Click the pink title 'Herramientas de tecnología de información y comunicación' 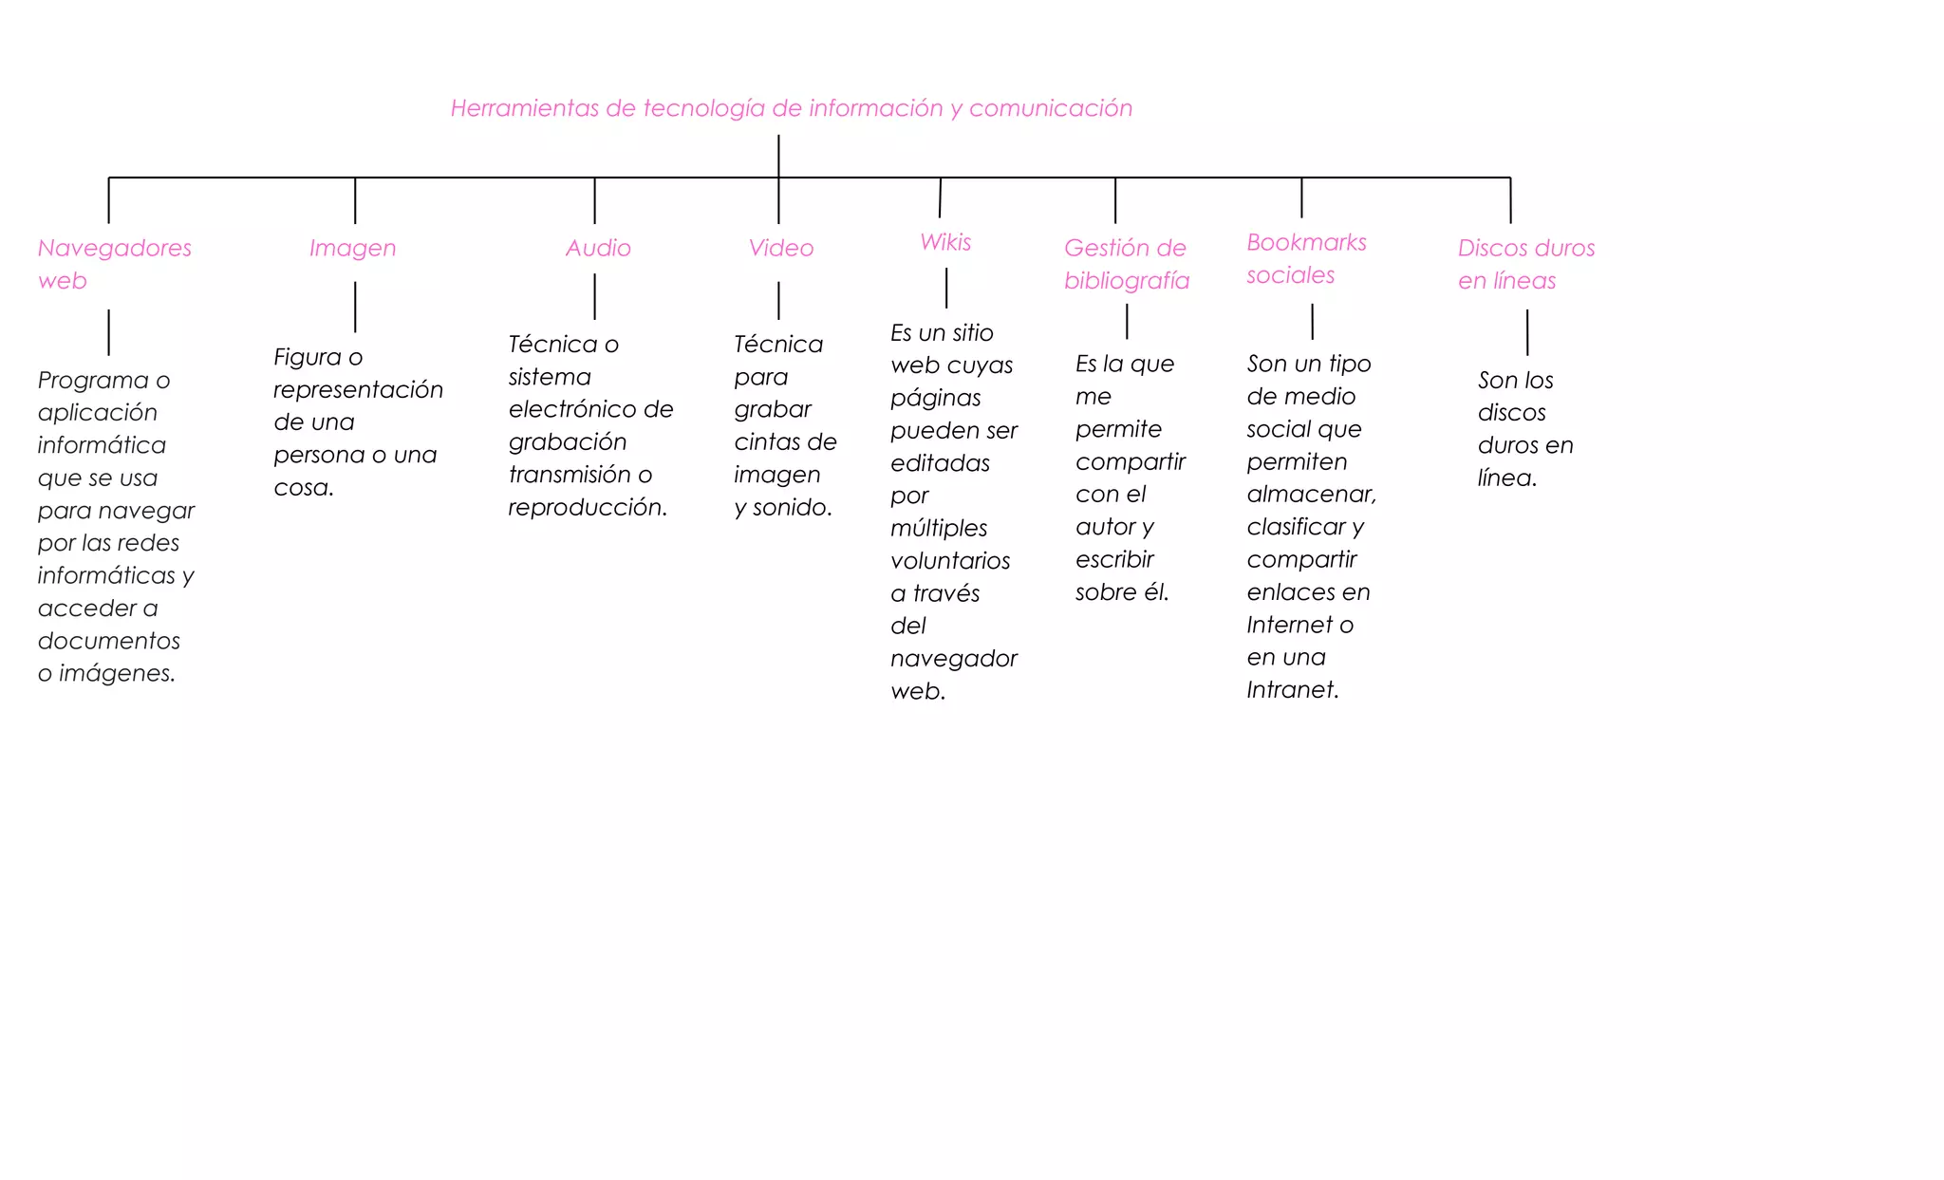click(x=791, y=109)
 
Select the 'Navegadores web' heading click(x=114, y=264)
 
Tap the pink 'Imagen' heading click(x=352, y=249)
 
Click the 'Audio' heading click(x=598, y=248)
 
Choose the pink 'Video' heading click(x=780, y=248)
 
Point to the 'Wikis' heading click(x=945, y=242)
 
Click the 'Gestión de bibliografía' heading click(x=1126, y=264)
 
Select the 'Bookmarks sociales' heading click(x=1306, y=258)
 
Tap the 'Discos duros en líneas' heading click(x=1526, y=264)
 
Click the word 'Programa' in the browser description click(x=93, y=382)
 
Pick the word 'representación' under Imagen click(x=358, y=391)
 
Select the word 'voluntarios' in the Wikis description click(x=950, y=561)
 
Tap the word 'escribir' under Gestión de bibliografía click(x=1114, y=560)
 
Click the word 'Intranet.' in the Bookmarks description click(x=1293, y=690)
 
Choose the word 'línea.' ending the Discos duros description click(x=1506, y=478)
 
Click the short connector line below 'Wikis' click(x=946, y=288)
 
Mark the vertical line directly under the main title click(x=778, y=156)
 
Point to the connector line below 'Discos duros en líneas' click(x=1527, y=332)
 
